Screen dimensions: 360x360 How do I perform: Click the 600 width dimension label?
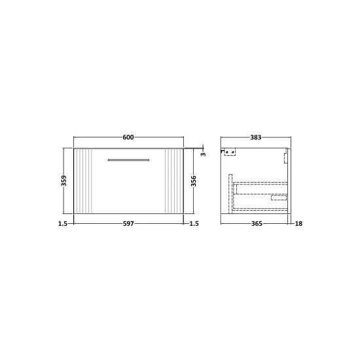128,137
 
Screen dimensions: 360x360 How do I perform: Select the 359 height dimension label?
65,181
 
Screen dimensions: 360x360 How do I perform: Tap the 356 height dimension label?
194,181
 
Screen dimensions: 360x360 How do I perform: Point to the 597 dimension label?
128,223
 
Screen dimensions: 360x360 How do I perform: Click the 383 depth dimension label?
255,137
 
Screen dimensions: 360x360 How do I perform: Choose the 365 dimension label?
257,223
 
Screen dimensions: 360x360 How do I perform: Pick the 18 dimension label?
298,223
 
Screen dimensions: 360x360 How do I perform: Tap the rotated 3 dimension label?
204,154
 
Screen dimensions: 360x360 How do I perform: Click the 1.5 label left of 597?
62,223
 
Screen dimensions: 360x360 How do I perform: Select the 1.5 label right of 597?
194,223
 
